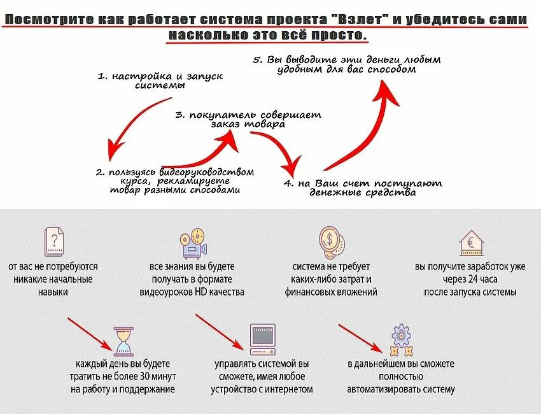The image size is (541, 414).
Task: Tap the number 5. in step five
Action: (258, 59)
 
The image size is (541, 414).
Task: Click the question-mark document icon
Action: (55, 242)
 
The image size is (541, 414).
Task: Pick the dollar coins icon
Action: (332, 241)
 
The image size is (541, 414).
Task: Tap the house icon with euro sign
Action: (470, 242)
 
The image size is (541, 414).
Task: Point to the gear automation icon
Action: (401, 341)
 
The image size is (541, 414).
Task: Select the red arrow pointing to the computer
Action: (220, 331)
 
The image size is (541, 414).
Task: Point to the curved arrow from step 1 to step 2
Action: (130, 127)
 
